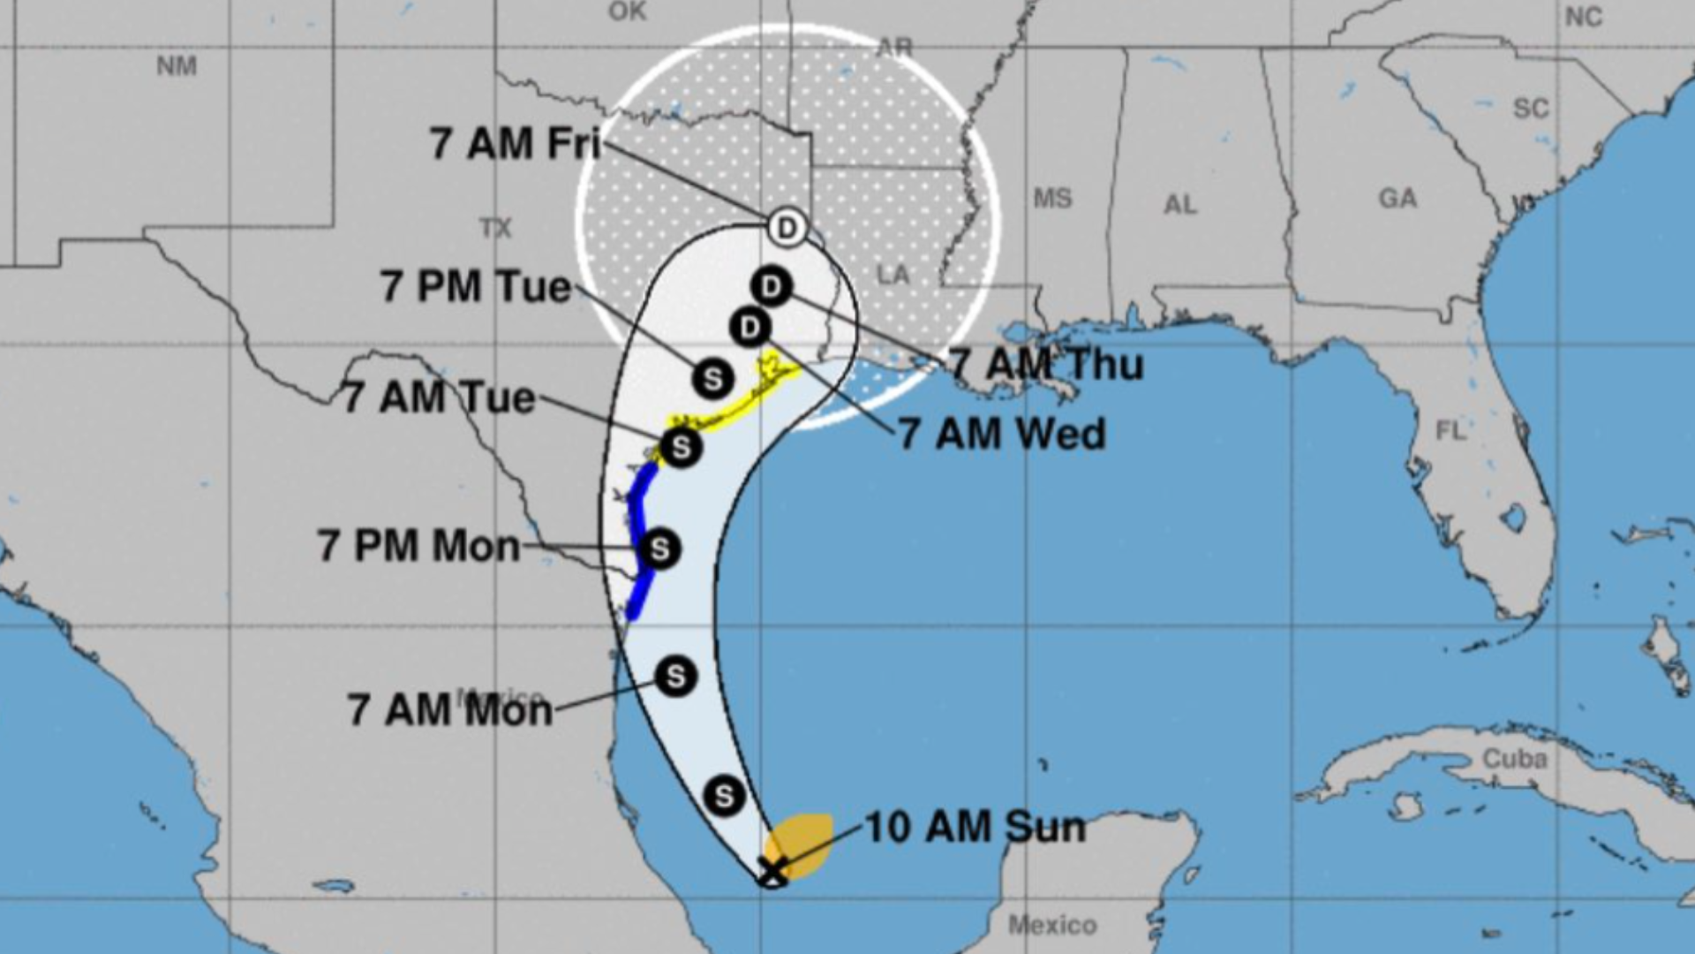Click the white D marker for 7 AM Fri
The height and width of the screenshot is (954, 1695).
(786, 228)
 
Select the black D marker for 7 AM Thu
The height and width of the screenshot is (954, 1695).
(772, 287)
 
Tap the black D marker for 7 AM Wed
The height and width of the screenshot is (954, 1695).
(750, 328)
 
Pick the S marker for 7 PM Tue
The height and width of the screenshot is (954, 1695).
(712, 379)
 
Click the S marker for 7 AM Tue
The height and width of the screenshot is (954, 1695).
(681, 447)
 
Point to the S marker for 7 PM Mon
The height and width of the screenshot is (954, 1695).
(659, 549)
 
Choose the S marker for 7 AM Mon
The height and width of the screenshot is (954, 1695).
(675, 677)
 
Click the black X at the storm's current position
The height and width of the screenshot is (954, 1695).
(773, 869)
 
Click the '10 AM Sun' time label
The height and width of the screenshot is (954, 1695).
(975, 827)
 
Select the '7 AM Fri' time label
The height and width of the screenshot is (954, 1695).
(516, 143)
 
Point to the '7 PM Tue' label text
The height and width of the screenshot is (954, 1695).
(476, 287)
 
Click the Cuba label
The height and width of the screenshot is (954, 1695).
(1514, 759)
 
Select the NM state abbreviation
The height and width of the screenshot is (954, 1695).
(177, 66)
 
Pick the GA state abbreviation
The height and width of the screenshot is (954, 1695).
(1397, 198)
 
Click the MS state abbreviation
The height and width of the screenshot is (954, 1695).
(1052, 198)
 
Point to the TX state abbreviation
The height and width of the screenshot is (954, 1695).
(495, 229)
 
